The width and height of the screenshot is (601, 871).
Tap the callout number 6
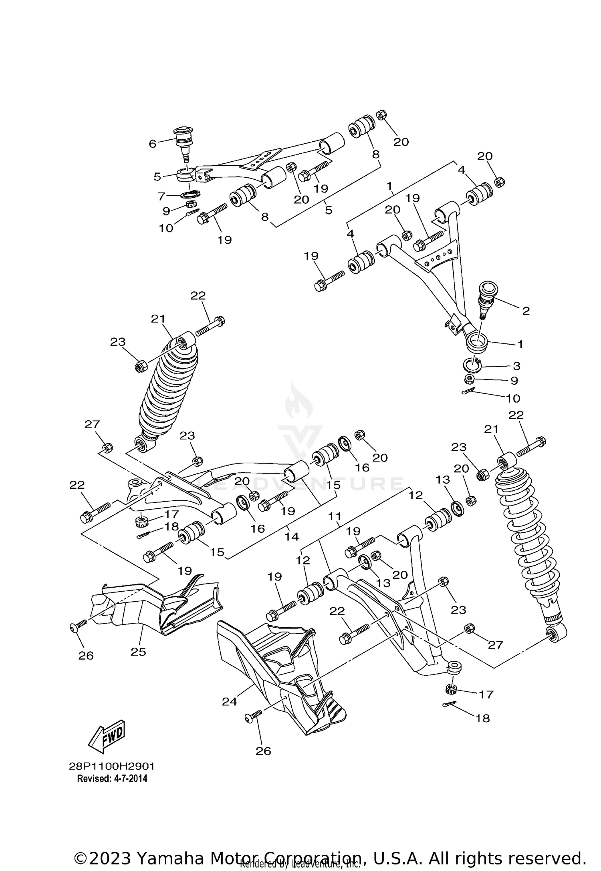(x=153, y=144)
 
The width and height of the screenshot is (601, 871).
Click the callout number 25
(x=138, y=652)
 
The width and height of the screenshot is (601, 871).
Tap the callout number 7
(x=161, y=196)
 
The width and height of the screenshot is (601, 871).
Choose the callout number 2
(x=526, y=311)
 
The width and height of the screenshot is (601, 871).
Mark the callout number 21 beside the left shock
(x=158, y=319)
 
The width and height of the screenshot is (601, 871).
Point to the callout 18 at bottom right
(x=484, y=718)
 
